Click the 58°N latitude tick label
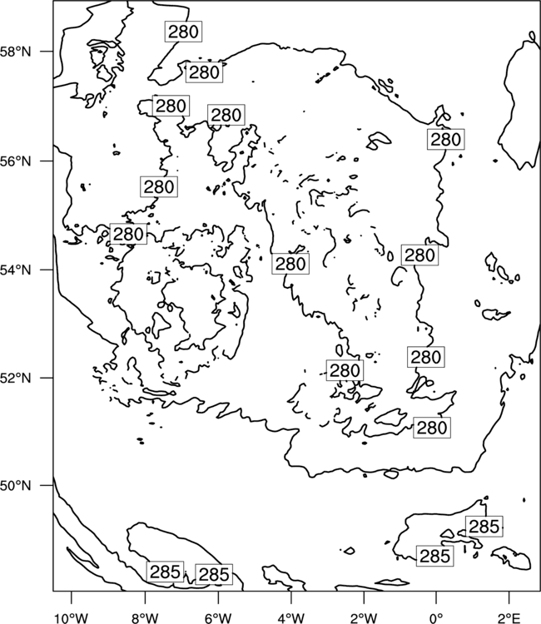click(x=16, y=52)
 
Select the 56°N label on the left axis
click(x=16, y=161)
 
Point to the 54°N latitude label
click(x=16, y=270)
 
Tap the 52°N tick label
click(x=16, y=378)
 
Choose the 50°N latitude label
click(x=16, y=486)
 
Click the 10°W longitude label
click(x=72, y=618)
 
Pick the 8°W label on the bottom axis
click(x=145, y=618)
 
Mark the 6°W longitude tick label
click(x=218, y=618)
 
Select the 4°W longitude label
click(x=291, y=618)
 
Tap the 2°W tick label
click(x=364, y=618)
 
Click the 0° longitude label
click(x=436, y=618)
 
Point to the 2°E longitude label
click(x=509, y=618)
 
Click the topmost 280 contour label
click(x=183, y=32)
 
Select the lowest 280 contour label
click(x=432, y=428)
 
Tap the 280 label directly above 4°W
click(x=290, y=264)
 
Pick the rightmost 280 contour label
click(x=446, y=139)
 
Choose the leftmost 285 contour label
click(x=165, y=572)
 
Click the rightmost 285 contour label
click(x=484, y=526)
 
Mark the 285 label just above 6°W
click(x=214, y=574)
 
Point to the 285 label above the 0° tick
click(x=435, y=556)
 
